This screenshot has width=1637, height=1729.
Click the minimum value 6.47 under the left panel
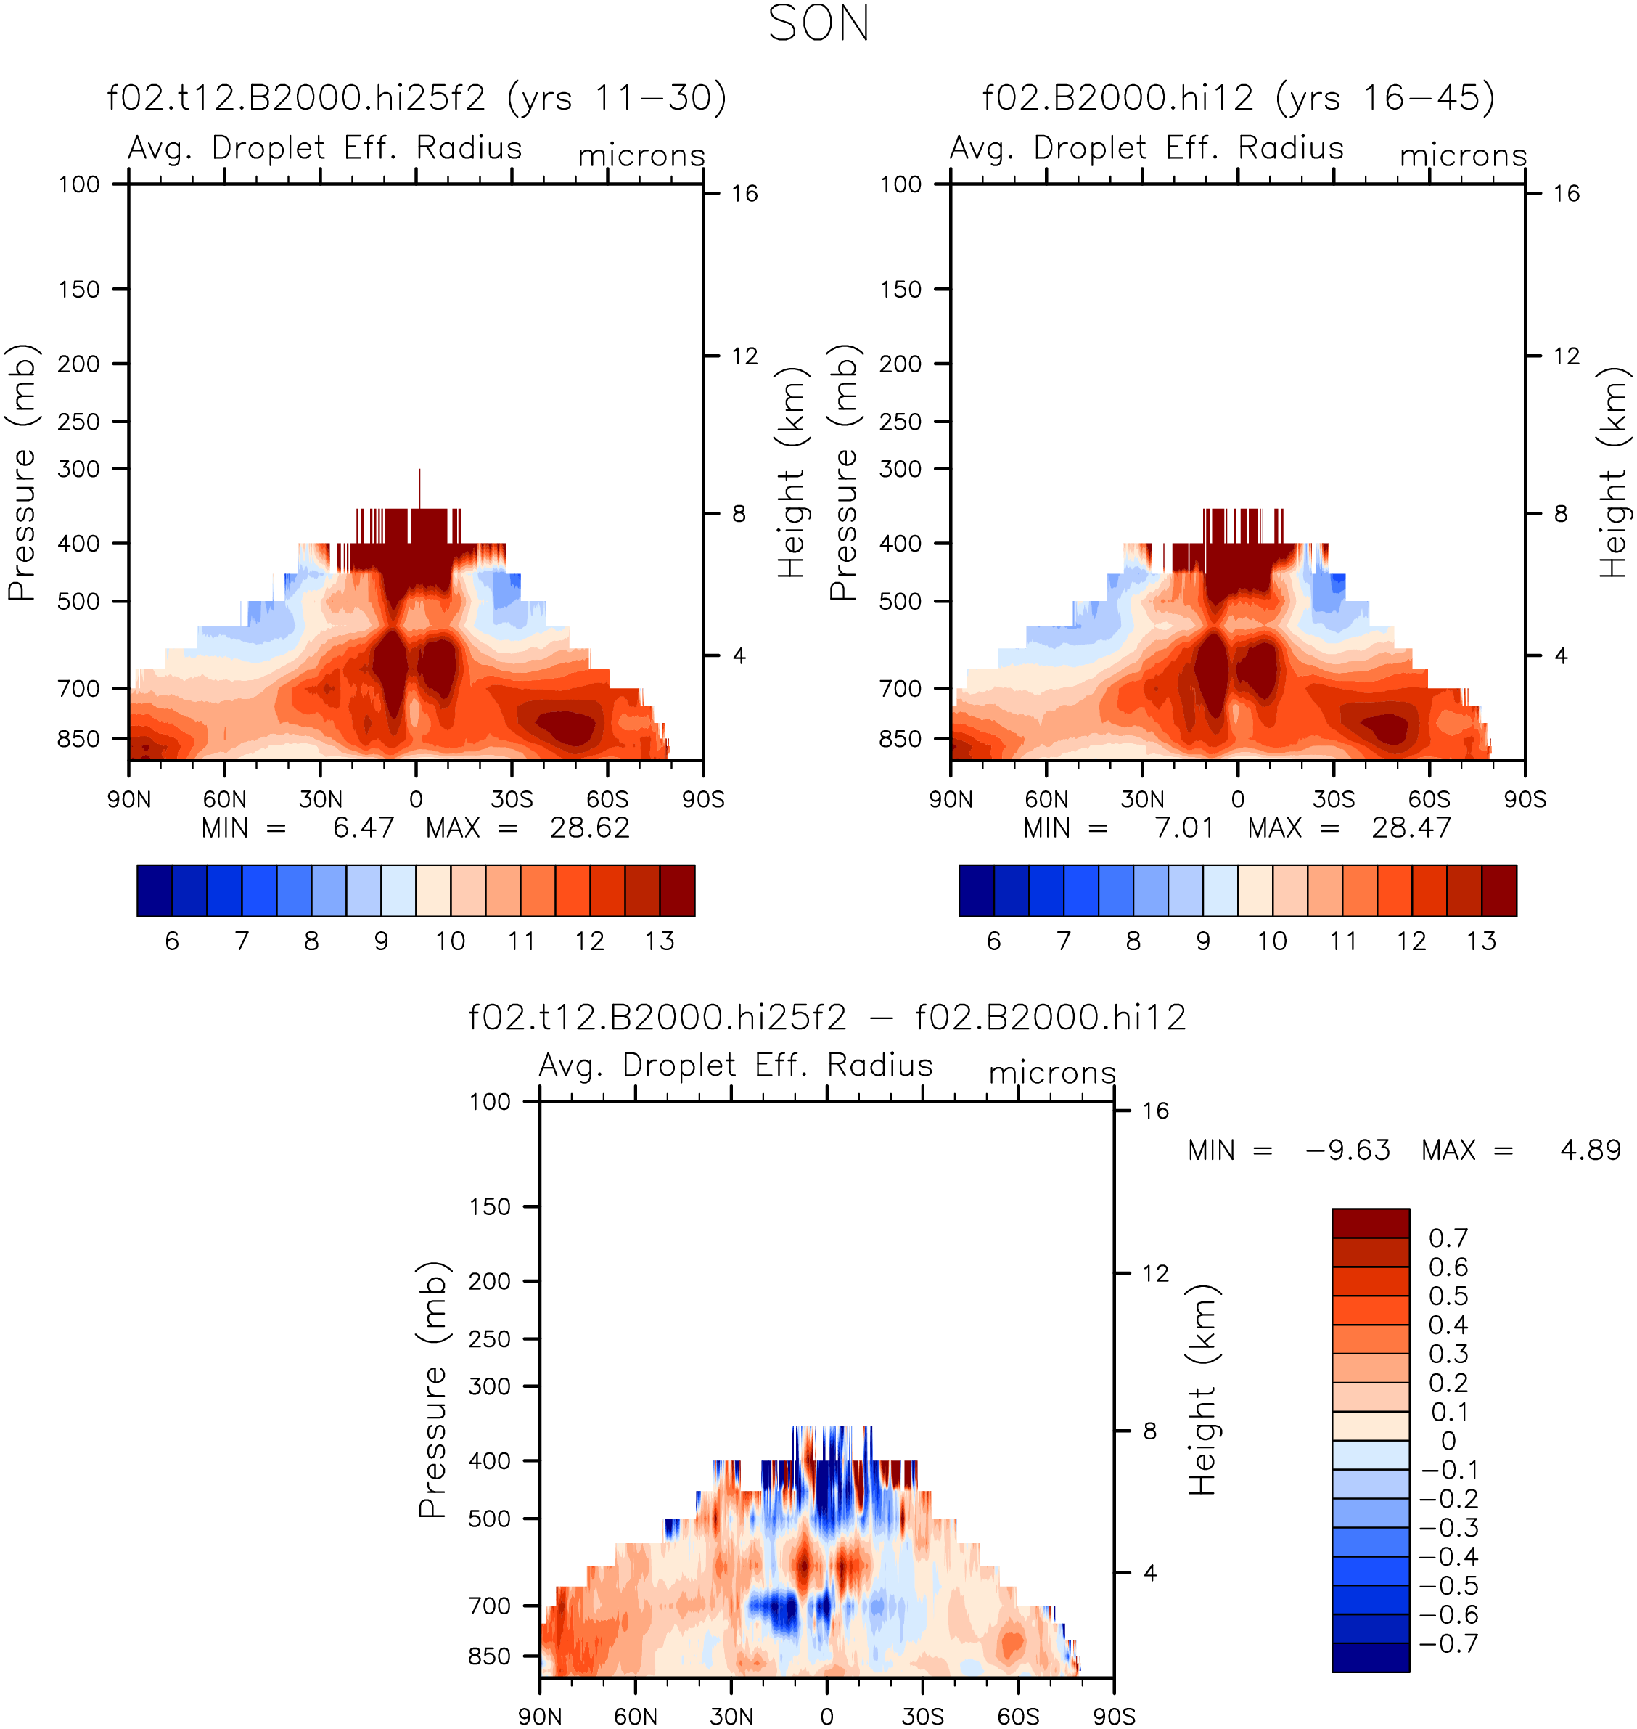point(364,827)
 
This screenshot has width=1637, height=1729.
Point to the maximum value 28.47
point(1411,827)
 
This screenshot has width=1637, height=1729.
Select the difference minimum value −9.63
point(1348,1150)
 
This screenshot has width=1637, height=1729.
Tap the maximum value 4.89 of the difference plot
point(1590,1150)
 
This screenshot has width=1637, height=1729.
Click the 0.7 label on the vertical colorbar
point(1448,1238)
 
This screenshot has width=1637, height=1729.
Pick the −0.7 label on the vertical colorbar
point(1449,1643)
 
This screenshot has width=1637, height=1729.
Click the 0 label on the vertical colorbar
point(1448,1441)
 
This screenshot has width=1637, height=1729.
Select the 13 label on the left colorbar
point(660,941)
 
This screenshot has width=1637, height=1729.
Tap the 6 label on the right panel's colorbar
point(993,941)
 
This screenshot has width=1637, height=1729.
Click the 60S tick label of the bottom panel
point(1018,1716)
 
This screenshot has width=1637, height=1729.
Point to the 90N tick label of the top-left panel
point(129,799)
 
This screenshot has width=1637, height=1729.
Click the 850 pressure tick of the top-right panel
point(900,739)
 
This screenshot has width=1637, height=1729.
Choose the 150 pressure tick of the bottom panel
point(490,1207)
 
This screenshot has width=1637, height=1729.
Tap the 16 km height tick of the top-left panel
point(744,193)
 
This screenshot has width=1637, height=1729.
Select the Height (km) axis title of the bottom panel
point(1202,1389)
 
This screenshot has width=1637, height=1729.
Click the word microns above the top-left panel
point(641,155)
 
